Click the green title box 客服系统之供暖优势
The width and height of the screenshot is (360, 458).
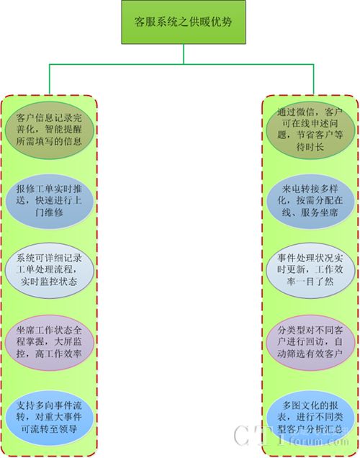coord(184,22)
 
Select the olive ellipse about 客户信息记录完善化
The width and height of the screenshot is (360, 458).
coord(50,130)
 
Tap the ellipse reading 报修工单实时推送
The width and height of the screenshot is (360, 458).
coord(50,201)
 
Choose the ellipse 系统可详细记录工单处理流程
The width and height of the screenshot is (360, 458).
coord(50,270)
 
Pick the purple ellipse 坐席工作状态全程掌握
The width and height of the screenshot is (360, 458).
coord(50,342)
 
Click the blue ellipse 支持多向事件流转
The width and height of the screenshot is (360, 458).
coord(50,418)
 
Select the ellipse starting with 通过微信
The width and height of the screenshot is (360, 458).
coord(310,130)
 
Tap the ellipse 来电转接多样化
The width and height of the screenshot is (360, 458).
coord(310,201)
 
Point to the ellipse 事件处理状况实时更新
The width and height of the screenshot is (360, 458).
coord(310,270)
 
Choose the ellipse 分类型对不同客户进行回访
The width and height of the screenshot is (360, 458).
coord(310,342)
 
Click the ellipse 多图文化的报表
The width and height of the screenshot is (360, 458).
coord(310,418)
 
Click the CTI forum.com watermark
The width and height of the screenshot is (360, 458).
coord(292,436)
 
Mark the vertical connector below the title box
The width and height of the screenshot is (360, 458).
coord(184,54)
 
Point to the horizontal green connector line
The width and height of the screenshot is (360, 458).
coord(181,64)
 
